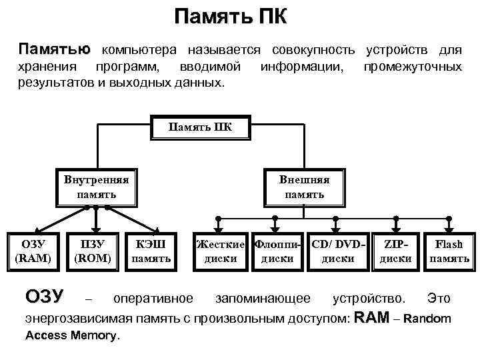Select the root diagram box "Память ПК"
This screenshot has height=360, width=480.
coord(200,127)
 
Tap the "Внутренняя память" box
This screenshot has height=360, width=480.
coord(97,187)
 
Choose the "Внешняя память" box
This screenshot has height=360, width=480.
coord(304,187)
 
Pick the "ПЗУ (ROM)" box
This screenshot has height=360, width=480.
coord(92,251)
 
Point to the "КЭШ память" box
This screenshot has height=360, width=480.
coord(153,251)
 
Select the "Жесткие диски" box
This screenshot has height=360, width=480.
coord(221,251)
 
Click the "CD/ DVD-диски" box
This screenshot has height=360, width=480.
coord(338,251)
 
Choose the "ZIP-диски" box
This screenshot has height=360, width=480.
coord(396,251)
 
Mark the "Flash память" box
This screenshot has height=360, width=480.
coord(449,251)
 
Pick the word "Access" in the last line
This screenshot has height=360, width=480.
coord(47,335)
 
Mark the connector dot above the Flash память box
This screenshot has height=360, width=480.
coord(449,218)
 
